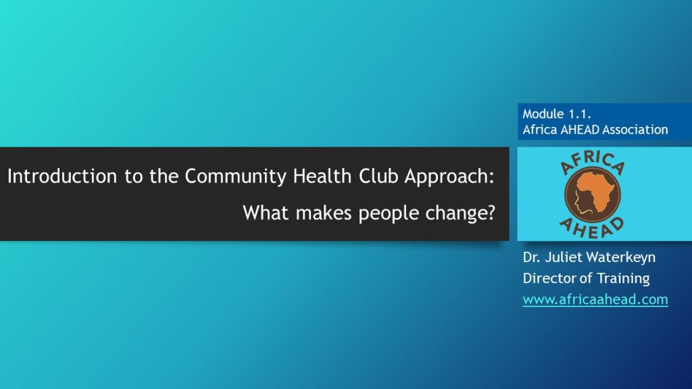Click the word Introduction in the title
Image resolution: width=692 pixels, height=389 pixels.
pyautogui.click(x=62, y=176)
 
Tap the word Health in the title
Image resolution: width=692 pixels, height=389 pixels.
pyautogui.click(x=322, y=176)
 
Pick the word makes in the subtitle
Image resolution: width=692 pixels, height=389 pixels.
pyautogui.click(x=324, y=213)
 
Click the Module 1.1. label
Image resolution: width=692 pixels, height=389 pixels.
pyautogui.click(x=557, y=113)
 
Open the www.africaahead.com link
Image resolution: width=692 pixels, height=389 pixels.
pyautogui.click(x=595, y=299)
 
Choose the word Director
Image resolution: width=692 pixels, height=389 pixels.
pyautogui.click(x=549, y=278)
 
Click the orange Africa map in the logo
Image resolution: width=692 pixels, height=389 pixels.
pyautogui.click(x=597, y=191)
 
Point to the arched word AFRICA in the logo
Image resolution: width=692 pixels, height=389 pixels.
pyautogui.click(x=592, y=162)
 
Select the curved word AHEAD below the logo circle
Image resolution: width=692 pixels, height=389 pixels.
pyautogui.click(x=592, y=228)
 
